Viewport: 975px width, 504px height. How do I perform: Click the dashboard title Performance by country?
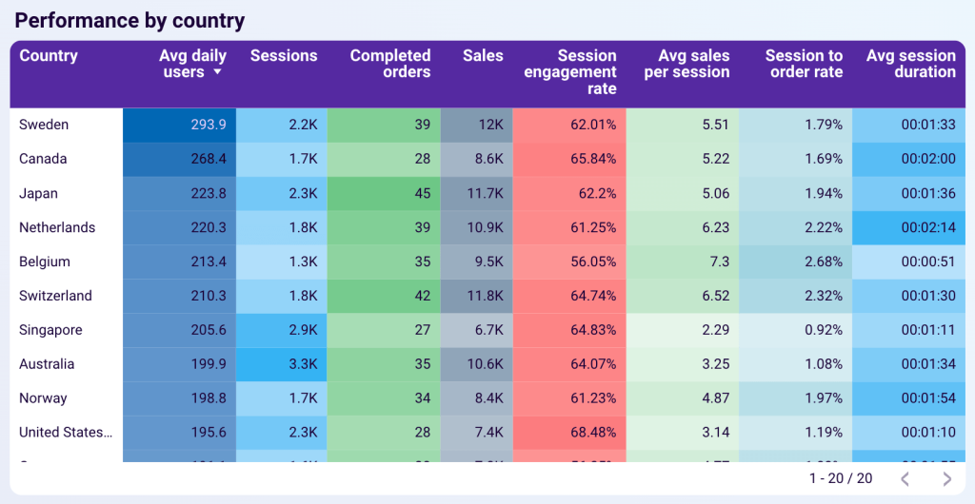tap(129, 20)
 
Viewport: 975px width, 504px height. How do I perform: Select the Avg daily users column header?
tap(190, 64)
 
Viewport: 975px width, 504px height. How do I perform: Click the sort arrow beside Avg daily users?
tap(218, 72)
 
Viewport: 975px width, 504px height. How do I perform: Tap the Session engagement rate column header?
tap(571, 72)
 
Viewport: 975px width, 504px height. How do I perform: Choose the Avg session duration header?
tap(910, 64)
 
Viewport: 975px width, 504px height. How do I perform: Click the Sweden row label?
tap(44, 125)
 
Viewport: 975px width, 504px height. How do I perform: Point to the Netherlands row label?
tap(57, 227)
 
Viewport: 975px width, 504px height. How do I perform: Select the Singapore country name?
tap(50, 330)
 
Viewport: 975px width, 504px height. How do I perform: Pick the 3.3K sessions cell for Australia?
tap(303, 364)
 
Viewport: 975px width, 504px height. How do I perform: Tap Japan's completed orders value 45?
tap(422, 193)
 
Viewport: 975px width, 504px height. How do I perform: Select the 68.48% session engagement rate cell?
tap(590, 433)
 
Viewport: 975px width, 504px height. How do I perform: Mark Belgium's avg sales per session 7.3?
tap(718, 262)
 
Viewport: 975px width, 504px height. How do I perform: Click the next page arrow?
tap(946, 478)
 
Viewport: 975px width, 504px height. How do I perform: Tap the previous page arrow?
tap(905, 478)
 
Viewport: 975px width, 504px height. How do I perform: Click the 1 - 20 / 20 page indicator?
tap(840, 478)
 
